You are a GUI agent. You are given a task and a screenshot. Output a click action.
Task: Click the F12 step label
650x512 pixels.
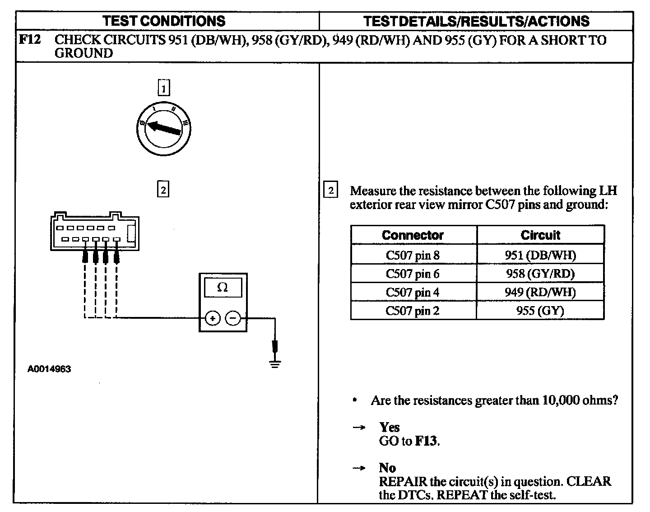(29, 40)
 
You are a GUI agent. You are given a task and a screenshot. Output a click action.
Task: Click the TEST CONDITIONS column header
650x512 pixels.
(164, 21)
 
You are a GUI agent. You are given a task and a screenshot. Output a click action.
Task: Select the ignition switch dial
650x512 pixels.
(164, 128)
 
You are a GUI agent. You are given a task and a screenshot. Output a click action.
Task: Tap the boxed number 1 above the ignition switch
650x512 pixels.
(163, 88)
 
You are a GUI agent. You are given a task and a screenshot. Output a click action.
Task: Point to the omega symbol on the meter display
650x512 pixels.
(223, 288)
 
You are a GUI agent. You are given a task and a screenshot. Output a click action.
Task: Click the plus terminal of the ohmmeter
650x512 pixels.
(213, 318)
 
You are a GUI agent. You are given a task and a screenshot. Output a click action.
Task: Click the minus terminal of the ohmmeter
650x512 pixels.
(233, 318)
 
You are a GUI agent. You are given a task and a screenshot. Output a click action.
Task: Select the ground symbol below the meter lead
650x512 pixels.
(274, 363)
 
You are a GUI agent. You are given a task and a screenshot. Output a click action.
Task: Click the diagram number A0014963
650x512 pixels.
(49, 369)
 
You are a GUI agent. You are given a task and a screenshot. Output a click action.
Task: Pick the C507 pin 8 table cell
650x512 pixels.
(413, 255)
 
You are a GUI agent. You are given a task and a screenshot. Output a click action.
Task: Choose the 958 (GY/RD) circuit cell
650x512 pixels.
(540, 274)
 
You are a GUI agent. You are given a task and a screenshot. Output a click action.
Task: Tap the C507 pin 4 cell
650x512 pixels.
(413, 292)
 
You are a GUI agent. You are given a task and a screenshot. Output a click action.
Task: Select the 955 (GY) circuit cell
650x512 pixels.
(540, 311)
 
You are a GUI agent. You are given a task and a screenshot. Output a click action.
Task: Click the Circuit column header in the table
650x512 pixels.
(540, 235)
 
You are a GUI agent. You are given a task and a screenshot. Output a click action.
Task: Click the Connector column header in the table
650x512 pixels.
(413, 235)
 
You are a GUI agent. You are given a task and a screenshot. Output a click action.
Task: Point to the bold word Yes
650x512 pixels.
(390, 427)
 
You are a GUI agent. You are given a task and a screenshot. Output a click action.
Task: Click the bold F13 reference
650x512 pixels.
(426, 441)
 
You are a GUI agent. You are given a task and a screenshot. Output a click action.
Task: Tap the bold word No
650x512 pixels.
(387, 468)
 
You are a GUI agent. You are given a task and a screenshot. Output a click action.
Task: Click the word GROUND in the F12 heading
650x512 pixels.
(84, 53)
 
